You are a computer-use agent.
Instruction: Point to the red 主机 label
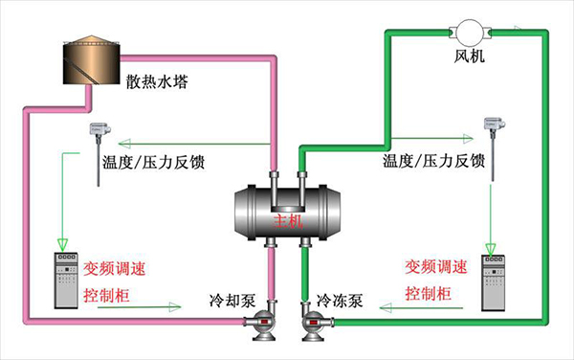point(288,219)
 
